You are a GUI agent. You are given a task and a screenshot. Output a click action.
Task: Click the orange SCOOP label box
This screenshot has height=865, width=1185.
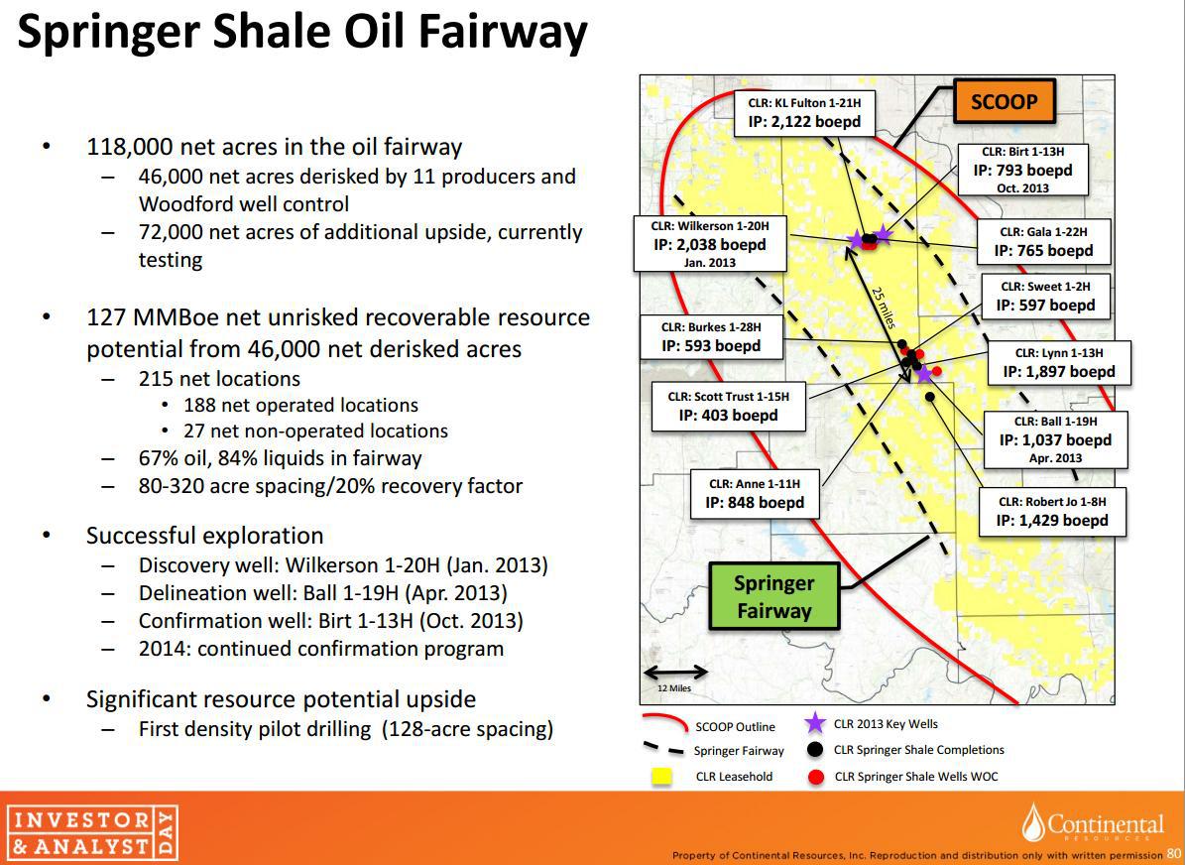[1004, 101]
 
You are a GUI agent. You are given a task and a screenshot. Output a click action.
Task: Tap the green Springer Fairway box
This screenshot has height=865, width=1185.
[773, 596]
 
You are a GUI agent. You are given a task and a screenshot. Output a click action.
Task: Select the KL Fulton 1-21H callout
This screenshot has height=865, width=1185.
[804, 113]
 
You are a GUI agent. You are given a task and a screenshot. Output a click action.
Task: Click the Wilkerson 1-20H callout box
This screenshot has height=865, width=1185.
[710, 243]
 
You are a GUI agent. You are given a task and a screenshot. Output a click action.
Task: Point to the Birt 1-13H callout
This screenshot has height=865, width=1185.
[1022, 170]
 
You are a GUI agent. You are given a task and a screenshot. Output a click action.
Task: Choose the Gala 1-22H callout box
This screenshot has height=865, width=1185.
[1043, 242]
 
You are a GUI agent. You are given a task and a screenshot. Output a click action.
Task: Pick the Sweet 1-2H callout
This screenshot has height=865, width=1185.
[1046, 297]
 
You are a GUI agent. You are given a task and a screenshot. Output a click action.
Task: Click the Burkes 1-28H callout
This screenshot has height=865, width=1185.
[711, 337]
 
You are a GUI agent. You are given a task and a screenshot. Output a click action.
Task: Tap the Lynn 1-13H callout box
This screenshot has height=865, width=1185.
[1059, 363]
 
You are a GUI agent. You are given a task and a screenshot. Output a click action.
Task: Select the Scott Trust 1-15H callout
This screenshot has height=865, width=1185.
[728, 407]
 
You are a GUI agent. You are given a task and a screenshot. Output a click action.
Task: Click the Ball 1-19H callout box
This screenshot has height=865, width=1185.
[1055, 439]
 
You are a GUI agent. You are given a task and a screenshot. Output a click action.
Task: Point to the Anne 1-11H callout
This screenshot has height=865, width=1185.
[755, 494]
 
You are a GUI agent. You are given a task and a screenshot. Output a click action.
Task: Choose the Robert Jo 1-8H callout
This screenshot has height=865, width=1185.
[1052, 511]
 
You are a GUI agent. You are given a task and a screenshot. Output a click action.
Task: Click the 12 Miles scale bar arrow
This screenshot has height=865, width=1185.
[675, 672]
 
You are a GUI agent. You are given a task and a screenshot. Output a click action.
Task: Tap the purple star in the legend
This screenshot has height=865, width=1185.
[815, 723]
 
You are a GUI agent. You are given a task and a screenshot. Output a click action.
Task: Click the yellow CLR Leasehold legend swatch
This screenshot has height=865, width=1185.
[662, 777]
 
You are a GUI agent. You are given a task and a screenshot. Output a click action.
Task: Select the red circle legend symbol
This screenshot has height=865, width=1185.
[815, 777]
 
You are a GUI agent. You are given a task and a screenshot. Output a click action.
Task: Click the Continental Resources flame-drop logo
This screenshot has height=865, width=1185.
[1034, 822]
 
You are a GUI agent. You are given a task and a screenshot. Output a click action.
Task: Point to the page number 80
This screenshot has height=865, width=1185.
[1172, 855]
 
